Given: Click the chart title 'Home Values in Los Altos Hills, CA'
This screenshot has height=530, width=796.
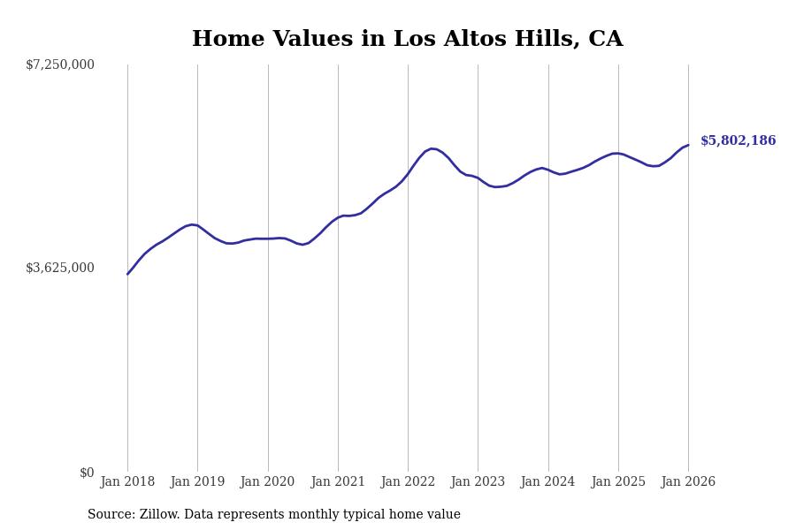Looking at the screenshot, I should coord(407,40).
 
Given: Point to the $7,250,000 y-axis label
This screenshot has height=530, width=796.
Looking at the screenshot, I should coord(60,64).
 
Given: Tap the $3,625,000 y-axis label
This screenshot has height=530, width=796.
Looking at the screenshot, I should coord(60,268).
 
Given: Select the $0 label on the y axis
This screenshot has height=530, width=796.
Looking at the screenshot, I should coord(87,473).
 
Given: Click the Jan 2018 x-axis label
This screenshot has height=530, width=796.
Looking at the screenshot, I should coord(127,482).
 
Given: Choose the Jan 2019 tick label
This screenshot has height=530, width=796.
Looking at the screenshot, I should coord(197,482).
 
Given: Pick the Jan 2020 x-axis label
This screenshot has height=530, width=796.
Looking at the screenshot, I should coord(267,482).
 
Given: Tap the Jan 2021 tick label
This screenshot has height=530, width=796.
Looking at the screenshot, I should coord(338,482).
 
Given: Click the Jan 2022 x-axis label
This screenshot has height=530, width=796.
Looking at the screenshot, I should coord(408,482).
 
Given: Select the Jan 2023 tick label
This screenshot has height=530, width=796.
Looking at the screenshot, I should coord(478,482).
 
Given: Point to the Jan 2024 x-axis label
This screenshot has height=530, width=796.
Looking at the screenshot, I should coord(547,482).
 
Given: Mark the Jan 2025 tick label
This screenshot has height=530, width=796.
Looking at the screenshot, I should coord(618,482).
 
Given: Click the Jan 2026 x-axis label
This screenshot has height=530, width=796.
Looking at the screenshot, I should coord(688,482).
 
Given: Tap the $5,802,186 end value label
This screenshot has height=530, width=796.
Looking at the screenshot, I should coord(738,141).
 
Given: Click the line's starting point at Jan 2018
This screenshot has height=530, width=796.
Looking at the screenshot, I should coord(127,274).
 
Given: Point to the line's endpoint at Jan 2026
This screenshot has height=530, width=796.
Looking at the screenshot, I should coord(688,145).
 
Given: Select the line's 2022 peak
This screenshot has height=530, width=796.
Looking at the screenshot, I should coord(432,148).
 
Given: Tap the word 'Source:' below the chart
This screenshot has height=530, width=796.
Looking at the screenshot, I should coord(111,515).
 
